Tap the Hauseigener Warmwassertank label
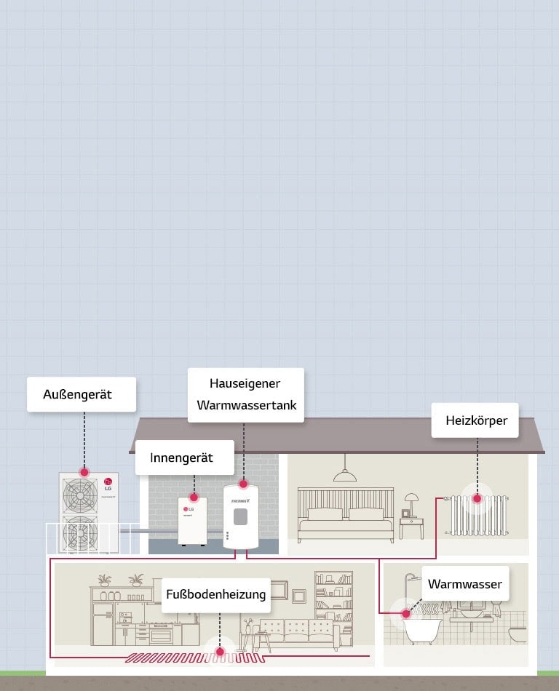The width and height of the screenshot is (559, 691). (x=245, y=394)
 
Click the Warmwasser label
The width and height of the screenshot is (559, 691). (x=464, y=583)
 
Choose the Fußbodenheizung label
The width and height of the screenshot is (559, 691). (x=216, y=594)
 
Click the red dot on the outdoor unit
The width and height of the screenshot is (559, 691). (x=84, y=472)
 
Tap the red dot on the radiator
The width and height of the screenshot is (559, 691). (x=477, y=498)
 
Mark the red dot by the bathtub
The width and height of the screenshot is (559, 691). (x=405, y=613)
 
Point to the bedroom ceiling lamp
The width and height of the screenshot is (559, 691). (x=345, y=475)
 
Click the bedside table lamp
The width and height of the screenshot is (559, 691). (x=412, y=501)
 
